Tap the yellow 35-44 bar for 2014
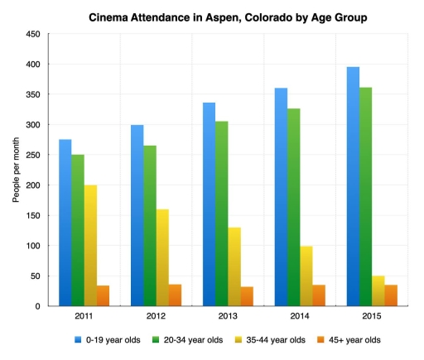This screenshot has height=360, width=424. [x=306, y=276]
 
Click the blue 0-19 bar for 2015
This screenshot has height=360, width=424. [x=353, y=187]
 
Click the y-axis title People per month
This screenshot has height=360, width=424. [x=16, y=170]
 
